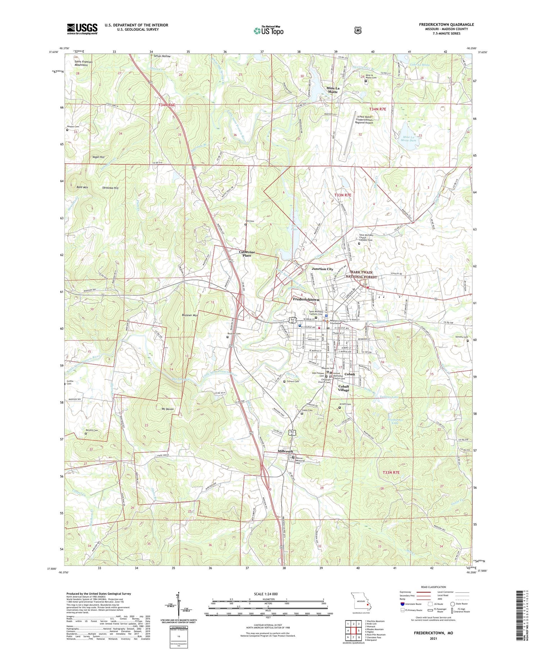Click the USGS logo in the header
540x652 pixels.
(x=82, y=29)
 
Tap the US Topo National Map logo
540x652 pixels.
(x=268, y=31)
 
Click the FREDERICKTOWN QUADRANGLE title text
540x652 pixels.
(x=446, y=24)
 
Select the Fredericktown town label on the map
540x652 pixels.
(x=306, y=299)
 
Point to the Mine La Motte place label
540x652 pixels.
(x=332, y=90)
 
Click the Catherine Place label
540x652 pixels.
(x=247, y=254)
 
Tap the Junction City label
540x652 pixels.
(x=322, y=269)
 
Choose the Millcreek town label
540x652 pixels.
(x=285, y=451)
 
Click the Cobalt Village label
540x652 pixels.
(x=343, y=388)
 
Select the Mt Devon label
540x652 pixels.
(x=165, y=409)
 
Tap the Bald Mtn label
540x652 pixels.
(x=82, y=187)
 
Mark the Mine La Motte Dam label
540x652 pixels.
(x=408, y=138)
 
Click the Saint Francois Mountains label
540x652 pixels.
(x=83, y=63)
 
